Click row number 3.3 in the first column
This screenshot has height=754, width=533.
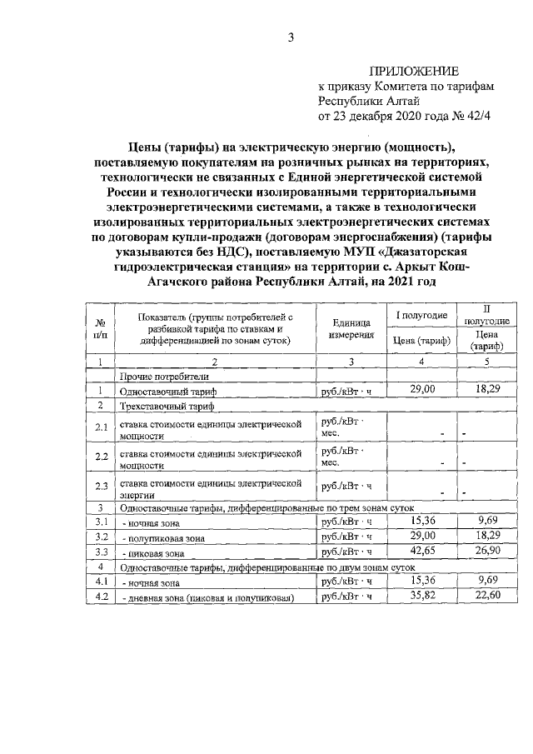pos(100,552)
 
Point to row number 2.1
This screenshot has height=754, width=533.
pos(100,428)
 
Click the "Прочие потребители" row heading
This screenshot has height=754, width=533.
pos(162,377)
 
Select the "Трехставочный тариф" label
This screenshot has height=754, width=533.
pos(167,407)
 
